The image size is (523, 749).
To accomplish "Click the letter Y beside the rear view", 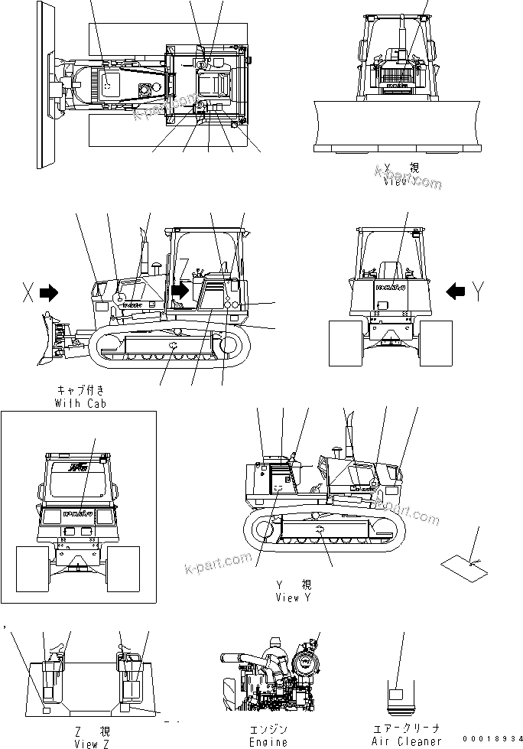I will (479, 291).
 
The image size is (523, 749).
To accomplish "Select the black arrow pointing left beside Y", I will (456, 291).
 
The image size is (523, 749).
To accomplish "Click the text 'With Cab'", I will (80, 403).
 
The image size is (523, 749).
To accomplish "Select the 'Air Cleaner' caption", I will (406, 741).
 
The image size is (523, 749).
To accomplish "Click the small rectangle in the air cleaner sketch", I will (396, 695).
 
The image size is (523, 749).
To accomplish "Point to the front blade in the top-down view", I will (42, 84).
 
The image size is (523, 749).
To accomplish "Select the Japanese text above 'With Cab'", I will (80, 390).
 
